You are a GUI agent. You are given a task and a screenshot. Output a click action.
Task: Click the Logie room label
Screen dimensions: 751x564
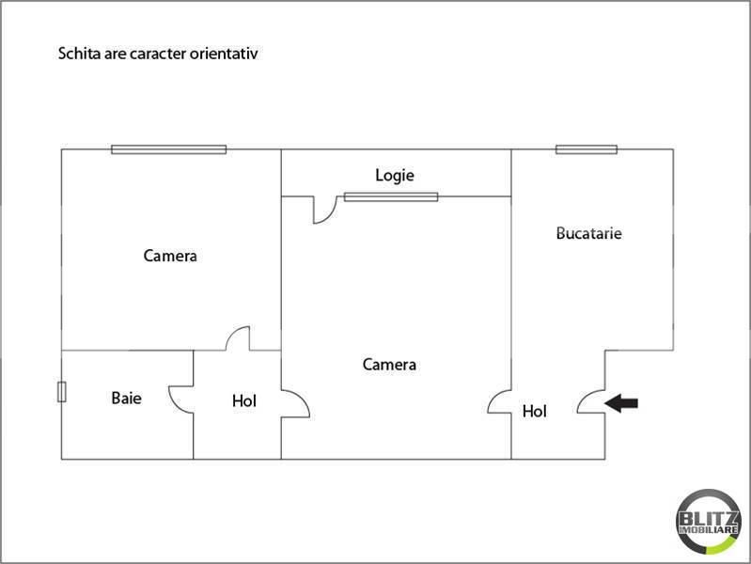[395, 176]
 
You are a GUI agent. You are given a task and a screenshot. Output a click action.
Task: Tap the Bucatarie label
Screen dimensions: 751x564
[588, 233]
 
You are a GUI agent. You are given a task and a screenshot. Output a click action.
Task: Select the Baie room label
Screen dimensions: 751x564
[127, 398]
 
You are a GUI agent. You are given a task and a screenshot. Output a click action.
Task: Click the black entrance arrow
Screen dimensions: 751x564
[620, 403]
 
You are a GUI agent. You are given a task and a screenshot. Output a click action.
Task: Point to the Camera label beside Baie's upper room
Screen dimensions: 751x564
[170, 256]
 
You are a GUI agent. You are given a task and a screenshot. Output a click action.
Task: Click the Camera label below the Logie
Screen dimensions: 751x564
[389, 365]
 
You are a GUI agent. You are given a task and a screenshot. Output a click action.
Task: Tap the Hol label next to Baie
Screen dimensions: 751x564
[244, 400]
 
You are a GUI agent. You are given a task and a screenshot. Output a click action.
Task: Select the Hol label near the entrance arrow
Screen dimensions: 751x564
[535, 411]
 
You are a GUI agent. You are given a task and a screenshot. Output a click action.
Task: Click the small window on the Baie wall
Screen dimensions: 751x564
[62, 392]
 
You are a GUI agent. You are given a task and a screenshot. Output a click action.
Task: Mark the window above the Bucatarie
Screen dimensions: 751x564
[587, 149]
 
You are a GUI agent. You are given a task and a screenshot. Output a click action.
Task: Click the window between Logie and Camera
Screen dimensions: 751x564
[391, 197]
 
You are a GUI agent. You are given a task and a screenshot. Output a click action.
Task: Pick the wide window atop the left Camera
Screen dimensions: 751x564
[168, 149]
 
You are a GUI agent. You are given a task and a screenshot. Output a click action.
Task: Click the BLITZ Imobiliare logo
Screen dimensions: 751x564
[709, 522]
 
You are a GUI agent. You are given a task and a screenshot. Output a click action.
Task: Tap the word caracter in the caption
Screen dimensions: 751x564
[158, 54]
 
